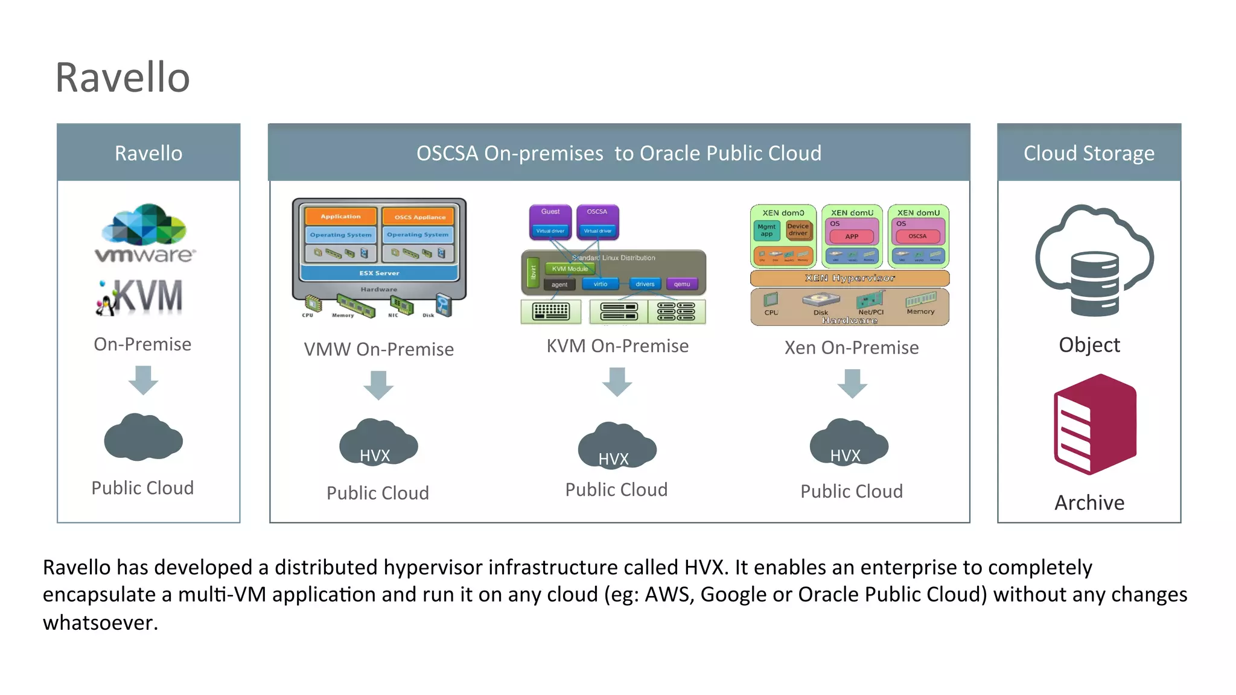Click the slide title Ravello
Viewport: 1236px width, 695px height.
123,78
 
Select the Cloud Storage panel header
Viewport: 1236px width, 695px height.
1089,153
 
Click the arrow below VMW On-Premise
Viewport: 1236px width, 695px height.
378,385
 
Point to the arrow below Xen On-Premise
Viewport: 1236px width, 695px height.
852,384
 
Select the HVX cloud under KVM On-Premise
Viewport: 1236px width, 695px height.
616,447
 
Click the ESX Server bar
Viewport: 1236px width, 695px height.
379,273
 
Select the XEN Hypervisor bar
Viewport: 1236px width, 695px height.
849,278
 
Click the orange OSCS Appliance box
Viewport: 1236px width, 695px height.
419,217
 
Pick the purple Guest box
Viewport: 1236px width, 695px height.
550,212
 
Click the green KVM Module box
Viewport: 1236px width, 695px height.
570,269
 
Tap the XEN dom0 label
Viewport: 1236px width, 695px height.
783,213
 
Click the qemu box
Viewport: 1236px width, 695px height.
682,284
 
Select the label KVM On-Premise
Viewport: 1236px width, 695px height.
617,346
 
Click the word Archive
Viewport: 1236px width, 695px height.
1089,503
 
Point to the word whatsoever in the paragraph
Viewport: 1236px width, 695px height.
100,623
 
